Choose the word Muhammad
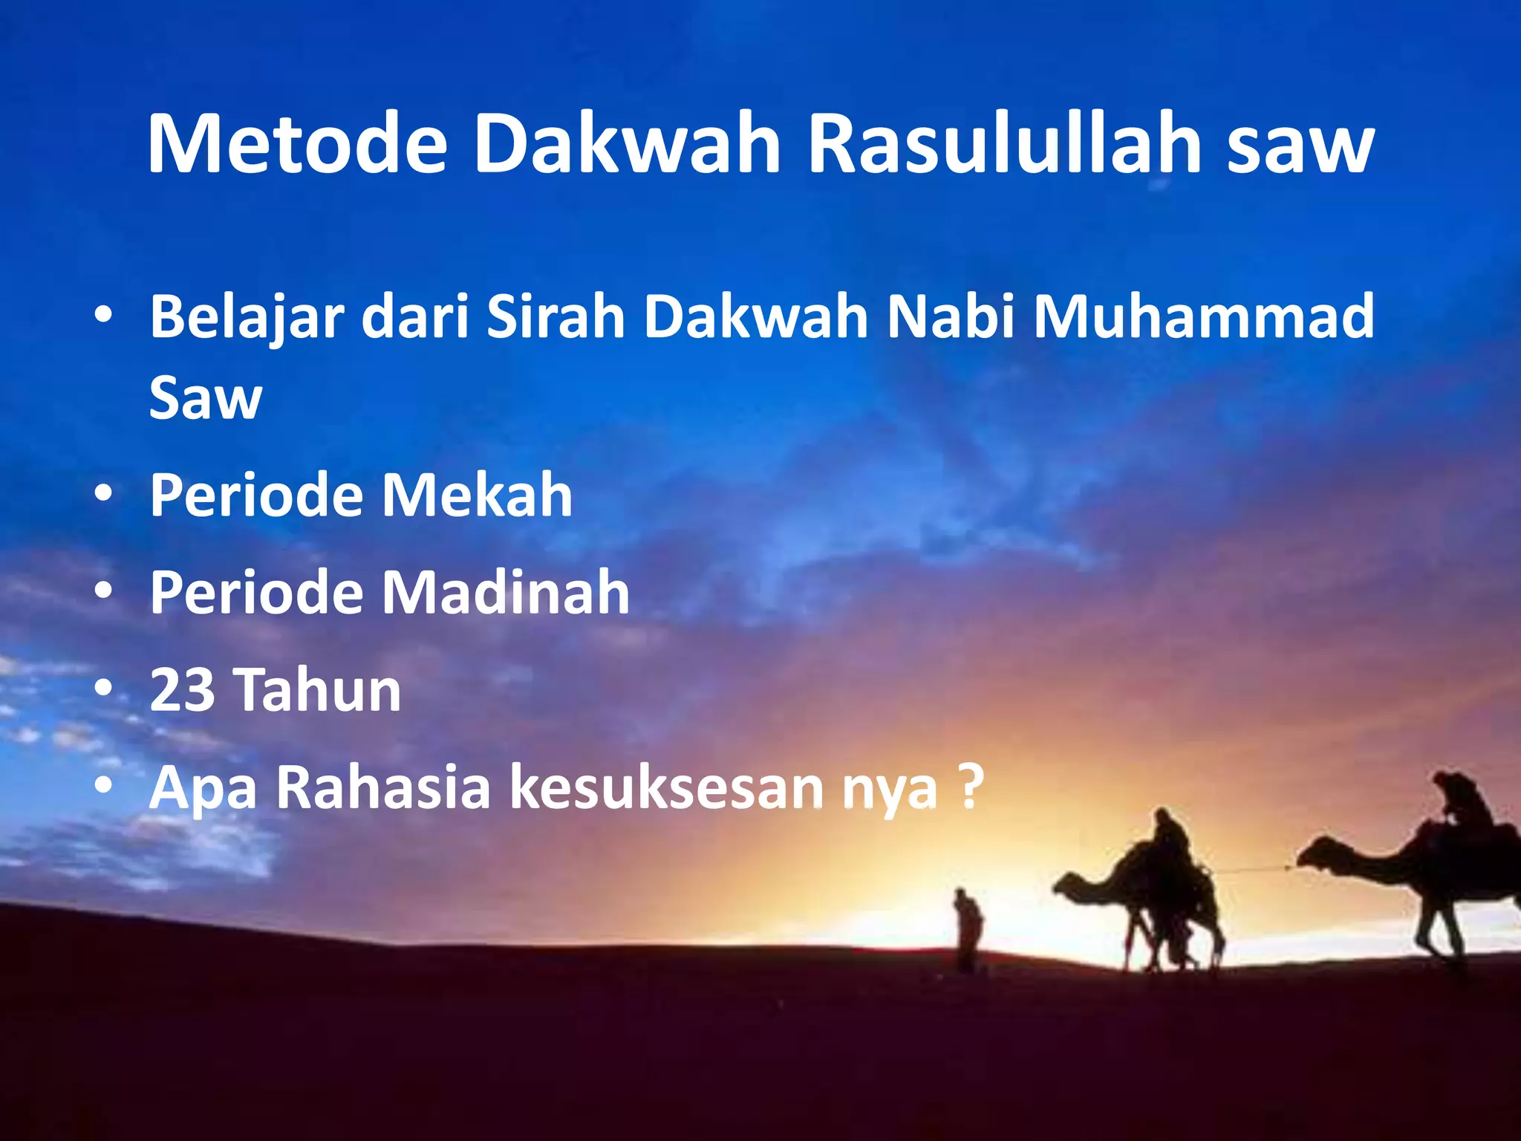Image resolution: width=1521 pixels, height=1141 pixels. [x=1203, y=316]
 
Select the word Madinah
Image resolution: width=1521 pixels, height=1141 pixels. [x=505, y=592]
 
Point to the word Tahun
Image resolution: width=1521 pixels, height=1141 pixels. [x=319, y=690]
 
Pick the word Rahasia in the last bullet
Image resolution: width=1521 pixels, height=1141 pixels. [x=383, y=787]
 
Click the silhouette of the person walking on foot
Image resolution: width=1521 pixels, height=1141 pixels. [x=968, y=929]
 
